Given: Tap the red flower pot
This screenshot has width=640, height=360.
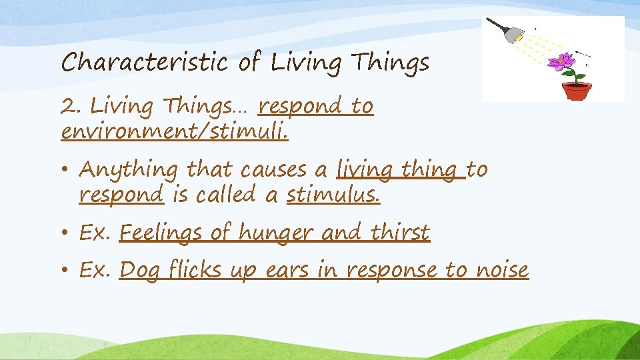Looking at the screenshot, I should pyautogui.click(x=576, y=90).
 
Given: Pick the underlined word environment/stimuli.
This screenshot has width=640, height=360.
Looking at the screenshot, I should pyautogui.click(x=175, y=131).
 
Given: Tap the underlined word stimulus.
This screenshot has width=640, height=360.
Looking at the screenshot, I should pyautogui.click(x=333, y=195).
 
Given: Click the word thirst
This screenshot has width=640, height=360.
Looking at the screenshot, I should pyautogui.click(x=400, y=233).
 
